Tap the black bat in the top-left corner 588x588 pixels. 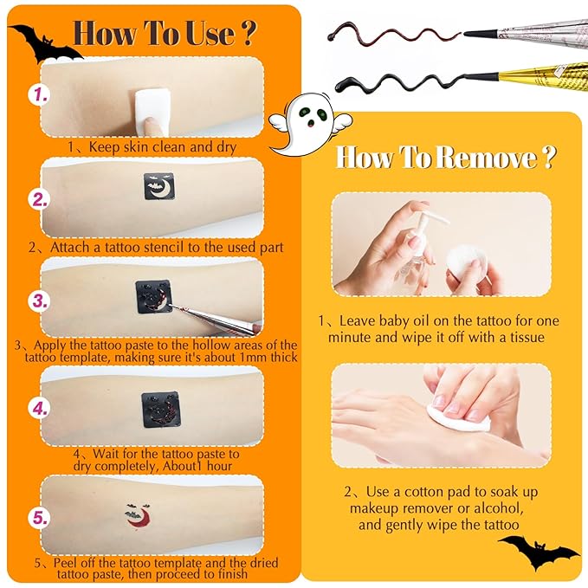tap(42, 42)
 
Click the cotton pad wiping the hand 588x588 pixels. tap(468, 418)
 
